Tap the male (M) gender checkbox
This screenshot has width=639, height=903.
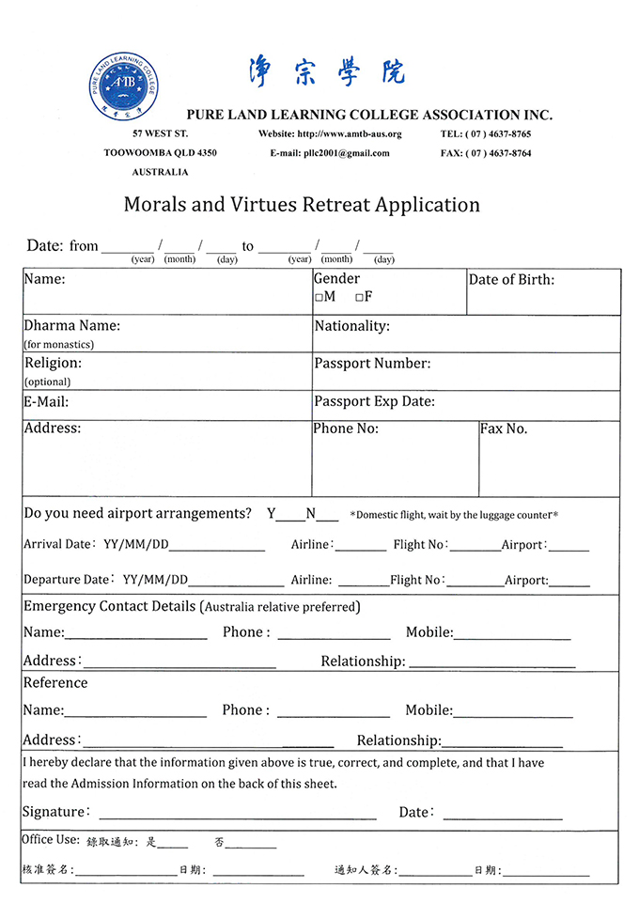click(x=319, y=297)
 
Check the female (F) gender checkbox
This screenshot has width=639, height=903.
click(x=359, y=297)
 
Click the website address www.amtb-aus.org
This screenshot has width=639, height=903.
click(x=349, y=134)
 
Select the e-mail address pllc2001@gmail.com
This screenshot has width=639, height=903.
click(x=344, y=153)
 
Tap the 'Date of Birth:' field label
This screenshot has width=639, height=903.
click(x=511, y=279)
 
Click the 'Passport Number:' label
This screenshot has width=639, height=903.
click(x=372, y=364)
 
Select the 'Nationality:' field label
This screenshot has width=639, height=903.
click(x=351, y=326)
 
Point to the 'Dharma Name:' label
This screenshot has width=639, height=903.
click(x=71, y=326)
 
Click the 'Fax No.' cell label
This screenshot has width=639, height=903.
click(x=504, y=429)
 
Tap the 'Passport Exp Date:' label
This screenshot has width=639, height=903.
click(x=374, y=401)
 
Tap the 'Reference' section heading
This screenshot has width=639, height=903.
click(x=55, y=683)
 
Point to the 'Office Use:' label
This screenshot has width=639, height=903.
click(x=50, y=840)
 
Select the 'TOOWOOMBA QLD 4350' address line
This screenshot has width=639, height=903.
click(x=160, y=153)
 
